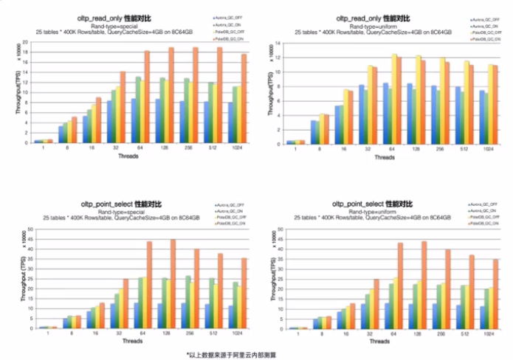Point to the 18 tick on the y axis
click(x=27, y=51)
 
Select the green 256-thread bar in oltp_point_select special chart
click(x=187, y=302)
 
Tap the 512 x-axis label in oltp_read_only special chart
click(x=213, y=148)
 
